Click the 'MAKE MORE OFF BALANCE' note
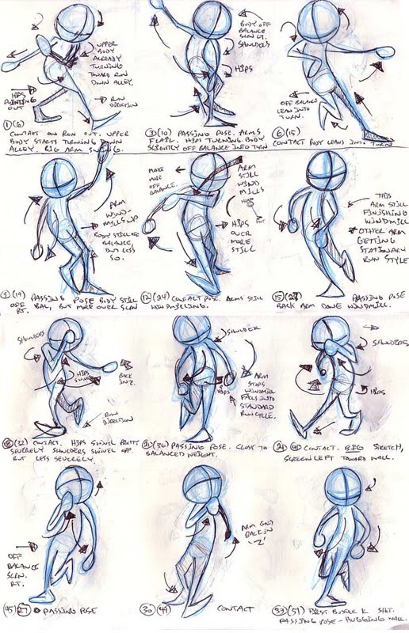(159, 183)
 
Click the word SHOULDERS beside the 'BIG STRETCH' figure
(382, 342)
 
